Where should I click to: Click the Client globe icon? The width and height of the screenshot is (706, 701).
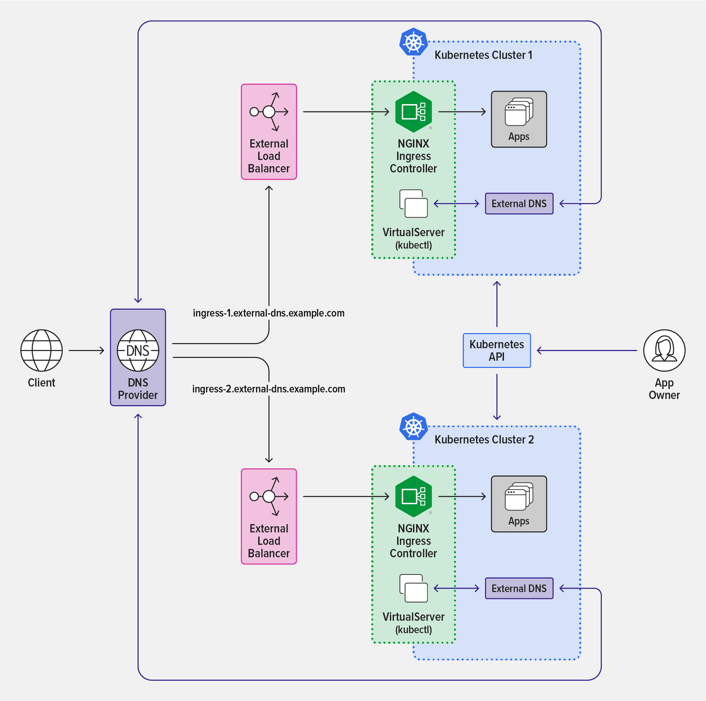41,350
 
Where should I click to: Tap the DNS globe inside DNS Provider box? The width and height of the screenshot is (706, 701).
138,350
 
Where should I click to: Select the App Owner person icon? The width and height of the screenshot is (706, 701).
664,350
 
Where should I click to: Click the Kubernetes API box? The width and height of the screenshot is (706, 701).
496,350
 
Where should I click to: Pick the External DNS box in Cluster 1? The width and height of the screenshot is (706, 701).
519,204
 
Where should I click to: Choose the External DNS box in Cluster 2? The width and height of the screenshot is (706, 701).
519,588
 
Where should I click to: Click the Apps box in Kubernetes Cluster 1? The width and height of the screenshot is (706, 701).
519,119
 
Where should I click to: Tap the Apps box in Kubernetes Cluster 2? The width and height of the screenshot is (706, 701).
519,504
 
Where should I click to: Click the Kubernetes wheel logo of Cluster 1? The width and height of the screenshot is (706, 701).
413,42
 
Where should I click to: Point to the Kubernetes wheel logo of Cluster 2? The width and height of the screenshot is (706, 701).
413,427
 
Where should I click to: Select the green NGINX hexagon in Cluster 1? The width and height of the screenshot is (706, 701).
413,112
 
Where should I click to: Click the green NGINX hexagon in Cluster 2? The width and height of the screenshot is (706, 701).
413,497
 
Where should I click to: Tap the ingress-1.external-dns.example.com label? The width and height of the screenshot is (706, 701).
268,313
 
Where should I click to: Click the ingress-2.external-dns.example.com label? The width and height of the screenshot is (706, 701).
268,389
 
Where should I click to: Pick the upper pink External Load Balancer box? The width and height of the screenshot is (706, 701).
269,132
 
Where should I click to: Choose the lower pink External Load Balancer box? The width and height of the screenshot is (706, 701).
269,516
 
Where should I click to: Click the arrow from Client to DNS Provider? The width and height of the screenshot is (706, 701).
86,350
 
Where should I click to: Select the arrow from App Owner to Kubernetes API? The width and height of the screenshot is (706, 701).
587,350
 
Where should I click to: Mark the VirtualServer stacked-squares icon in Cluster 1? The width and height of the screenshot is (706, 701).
413,204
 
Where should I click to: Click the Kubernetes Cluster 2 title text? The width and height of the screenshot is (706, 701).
484,440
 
